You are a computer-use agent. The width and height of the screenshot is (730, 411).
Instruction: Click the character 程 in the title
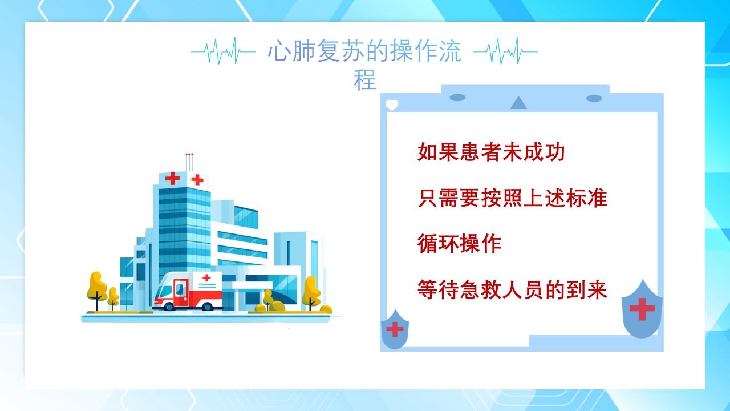tap(365, 80)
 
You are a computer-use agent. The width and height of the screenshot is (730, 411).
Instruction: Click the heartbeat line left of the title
tap(222, 51)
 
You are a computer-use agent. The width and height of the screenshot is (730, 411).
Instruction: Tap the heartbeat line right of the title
tap(505, 51)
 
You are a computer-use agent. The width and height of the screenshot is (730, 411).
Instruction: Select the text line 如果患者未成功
tap(491, 152)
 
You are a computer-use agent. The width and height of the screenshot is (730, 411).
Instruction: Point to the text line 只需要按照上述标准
tap(512, 198)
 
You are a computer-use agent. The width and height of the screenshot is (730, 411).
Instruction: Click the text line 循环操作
tap(459, 244)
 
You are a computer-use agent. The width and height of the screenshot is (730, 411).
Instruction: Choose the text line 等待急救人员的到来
tap(512, 289)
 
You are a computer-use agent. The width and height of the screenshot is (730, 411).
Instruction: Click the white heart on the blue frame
tap(392, 105)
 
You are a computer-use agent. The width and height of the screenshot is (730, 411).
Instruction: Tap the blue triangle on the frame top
tap(518, 103)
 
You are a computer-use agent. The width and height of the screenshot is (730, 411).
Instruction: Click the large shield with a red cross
tap(642, 309)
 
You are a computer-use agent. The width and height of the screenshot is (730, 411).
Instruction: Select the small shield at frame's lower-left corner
tap(394, 329)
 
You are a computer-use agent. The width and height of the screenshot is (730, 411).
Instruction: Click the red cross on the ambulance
tap(206, 277)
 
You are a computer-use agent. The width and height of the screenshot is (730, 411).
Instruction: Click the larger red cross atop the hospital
tap(172, 179)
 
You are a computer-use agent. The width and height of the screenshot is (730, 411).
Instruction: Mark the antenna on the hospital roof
tap(189, 162)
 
